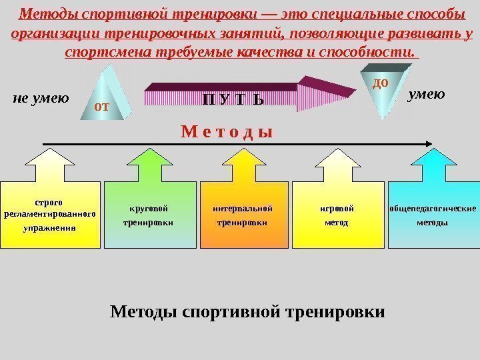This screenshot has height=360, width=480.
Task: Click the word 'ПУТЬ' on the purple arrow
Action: tap(233, 101)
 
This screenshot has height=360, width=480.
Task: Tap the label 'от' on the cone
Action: tap(101, 105)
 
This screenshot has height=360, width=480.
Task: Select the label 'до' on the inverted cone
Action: tap(379, 82)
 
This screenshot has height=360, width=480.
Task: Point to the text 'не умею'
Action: tap(41, 99)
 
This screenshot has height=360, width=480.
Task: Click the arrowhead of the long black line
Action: tap(430, 143)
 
